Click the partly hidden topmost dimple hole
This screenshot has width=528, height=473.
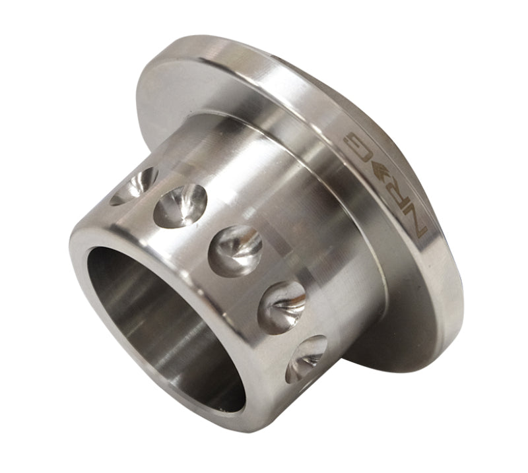[x=135, y=185]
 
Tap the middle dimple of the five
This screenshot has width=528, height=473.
[x=235, y=249]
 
